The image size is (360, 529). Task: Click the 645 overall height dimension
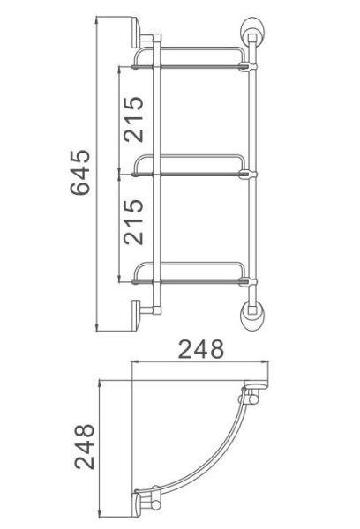(x=80, y=172)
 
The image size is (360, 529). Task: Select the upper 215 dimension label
(x=133, y=119)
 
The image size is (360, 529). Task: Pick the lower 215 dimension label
(x=133, y=221)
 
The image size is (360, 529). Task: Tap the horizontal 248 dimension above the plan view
(x=201, y=349)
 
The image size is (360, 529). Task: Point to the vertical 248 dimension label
(x=85, y=446)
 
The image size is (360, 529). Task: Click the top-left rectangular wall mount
(x=136, y=32)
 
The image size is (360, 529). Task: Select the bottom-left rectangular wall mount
(x=136, y=316)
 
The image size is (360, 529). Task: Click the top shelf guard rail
(x=189, y=48)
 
